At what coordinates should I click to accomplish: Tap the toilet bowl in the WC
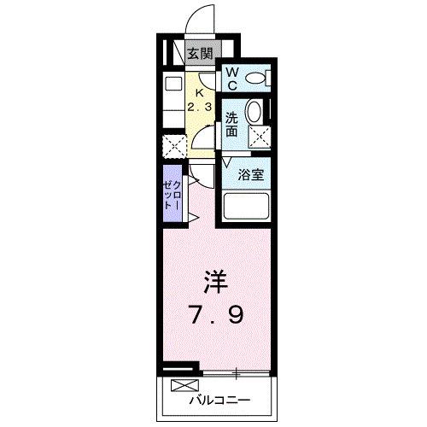tap(254, 79)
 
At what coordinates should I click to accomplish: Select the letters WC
tap(231, 79)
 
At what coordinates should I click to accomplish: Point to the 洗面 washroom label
tap(231, 125)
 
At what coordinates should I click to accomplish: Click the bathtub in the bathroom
tap(246, 207)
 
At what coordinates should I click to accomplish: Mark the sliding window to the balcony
tap(235, 372)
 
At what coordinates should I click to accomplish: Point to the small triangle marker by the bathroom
tap(228, 161)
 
